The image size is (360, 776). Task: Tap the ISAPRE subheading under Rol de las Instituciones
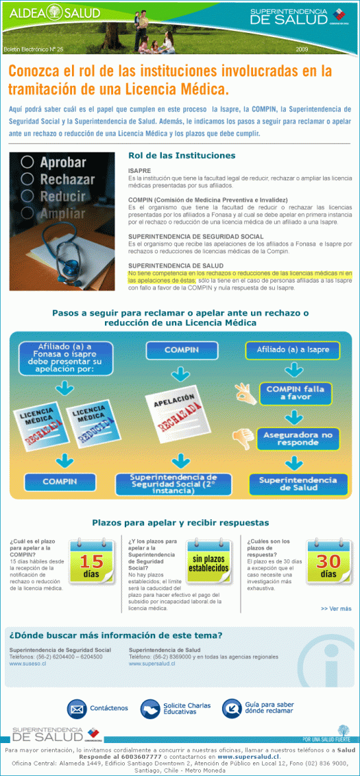[x=139, y=170]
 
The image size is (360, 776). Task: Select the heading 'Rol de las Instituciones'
[x=182, y=156]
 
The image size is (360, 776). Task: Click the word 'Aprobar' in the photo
[x=63, y=163]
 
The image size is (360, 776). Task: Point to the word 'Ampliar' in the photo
[x=62, y=213]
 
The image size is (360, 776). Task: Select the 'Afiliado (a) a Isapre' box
[x=298, y=350]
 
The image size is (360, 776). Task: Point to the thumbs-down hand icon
[x=242, y=436]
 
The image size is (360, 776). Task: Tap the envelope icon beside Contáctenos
[x=77, y=707]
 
